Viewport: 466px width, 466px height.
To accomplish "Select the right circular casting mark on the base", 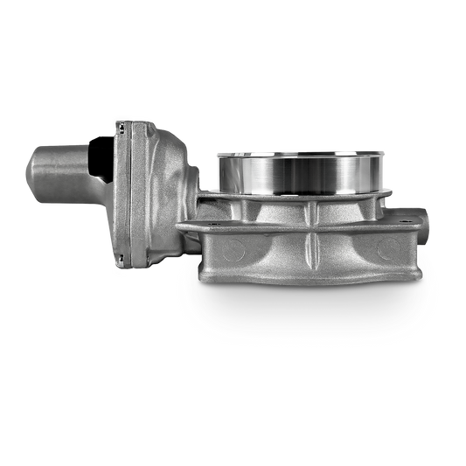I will pos(381,252).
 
